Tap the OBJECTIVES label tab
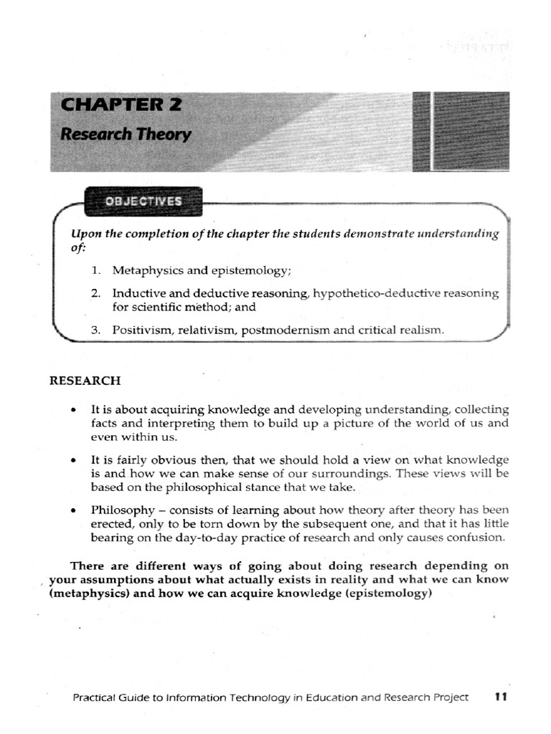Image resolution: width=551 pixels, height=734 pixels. point(143,201)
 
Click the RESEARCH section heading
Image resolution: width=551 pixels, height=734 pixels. point(85,380)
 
